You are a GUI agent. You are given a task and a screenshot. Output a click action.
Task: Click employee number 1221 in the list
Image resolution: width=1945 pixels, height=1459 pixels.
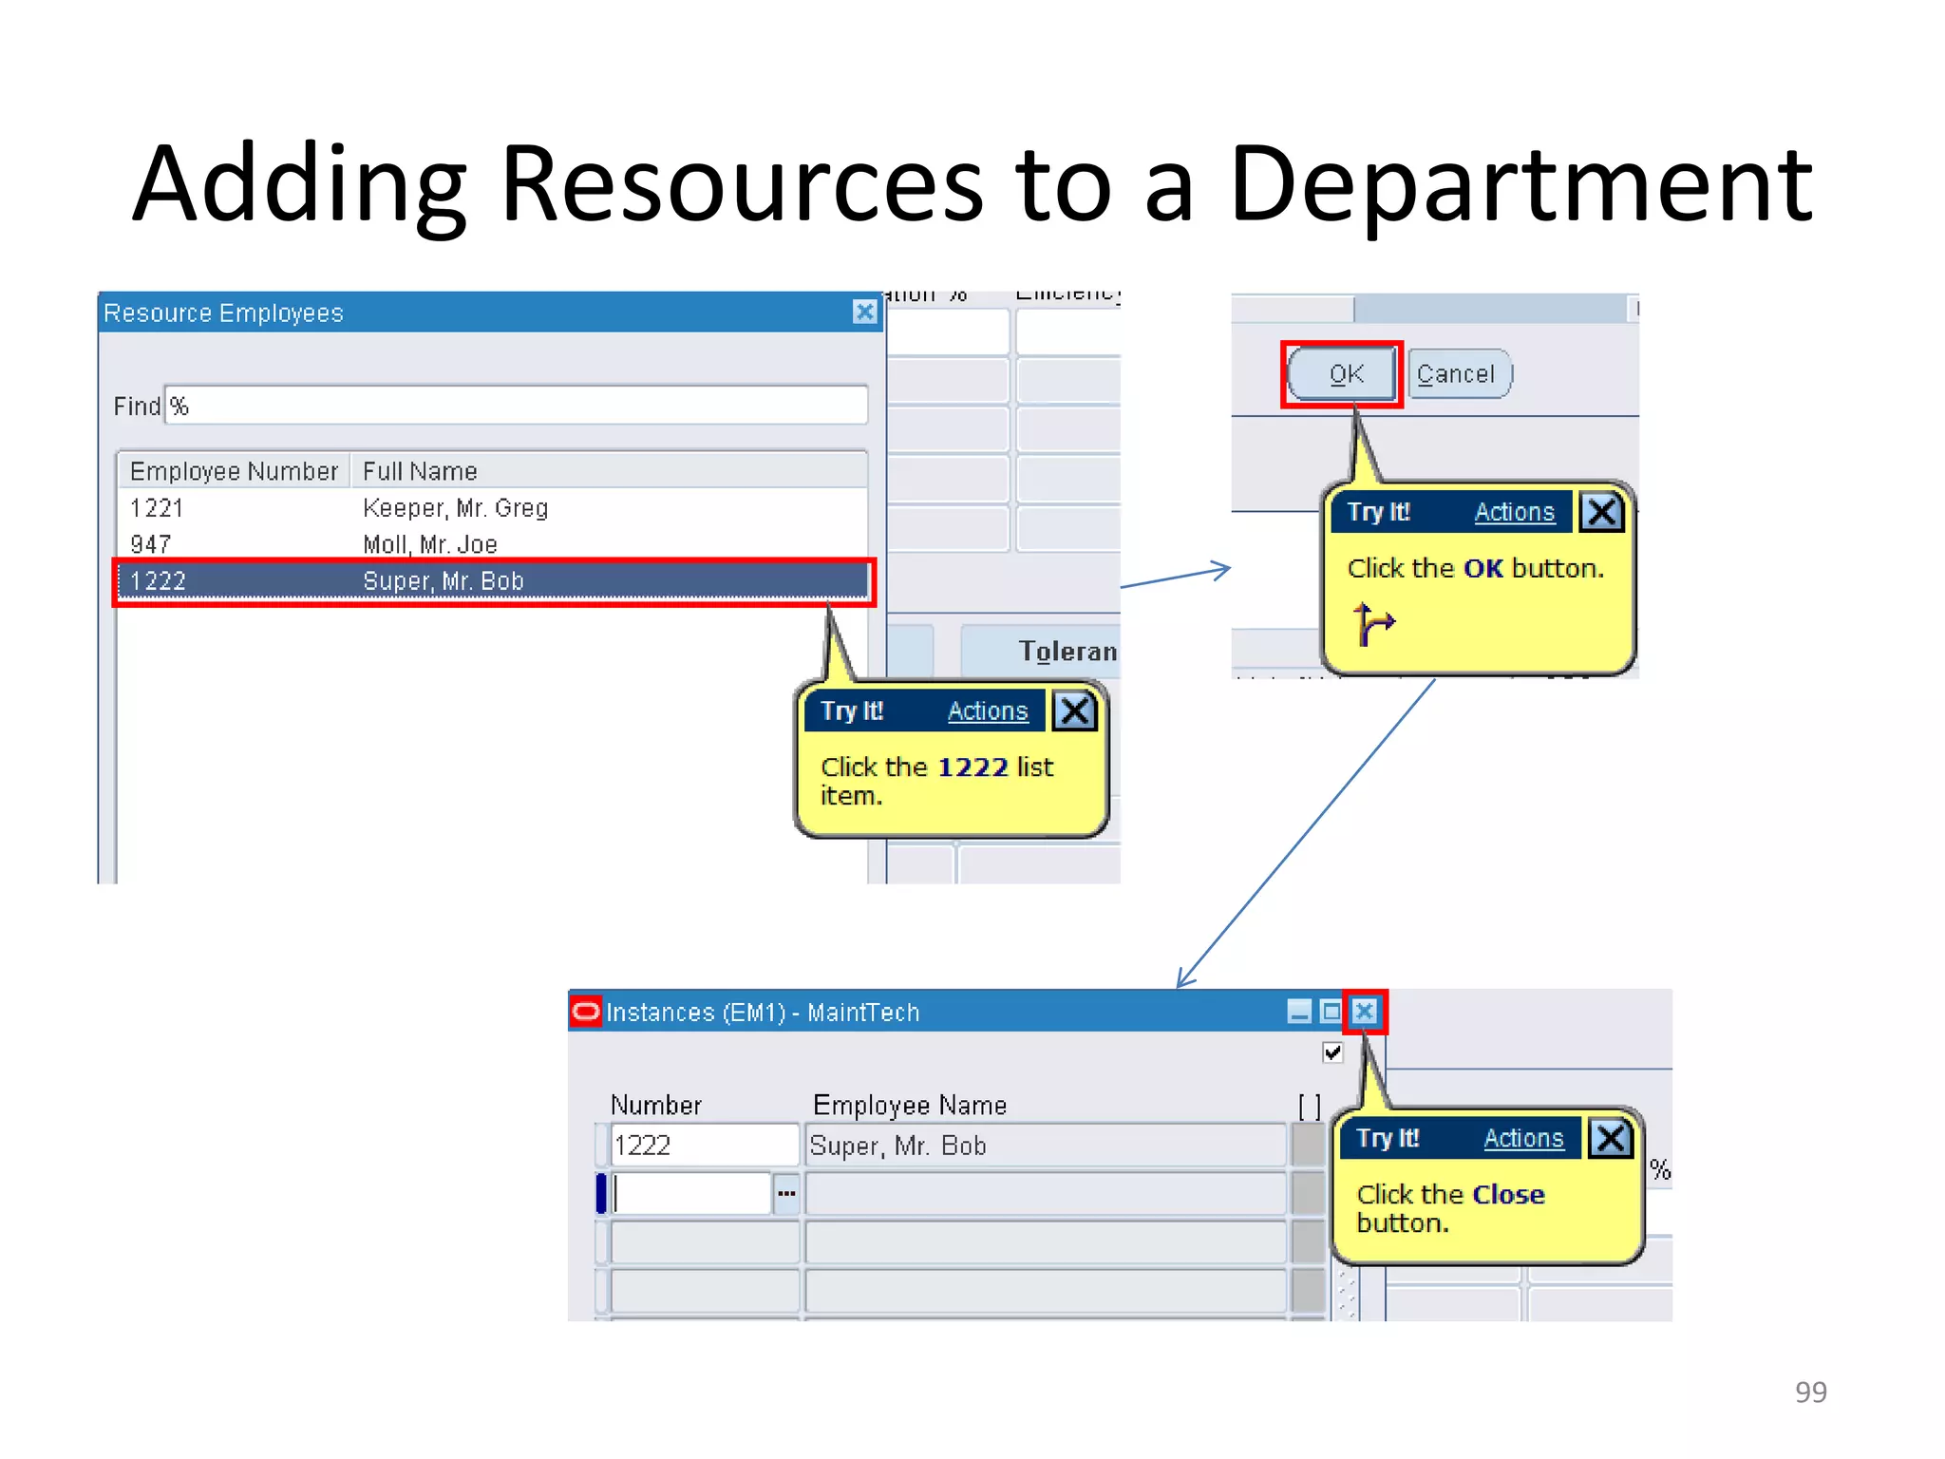[157, 508]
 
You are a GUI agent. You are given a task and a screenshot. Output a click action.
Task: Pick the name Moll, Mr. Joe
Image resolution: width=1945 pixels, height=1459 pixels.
[430, 544]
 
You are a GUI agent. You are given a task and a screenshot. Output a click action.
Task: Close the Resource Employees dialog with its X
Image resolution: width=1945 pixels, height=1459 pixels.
[864, 312]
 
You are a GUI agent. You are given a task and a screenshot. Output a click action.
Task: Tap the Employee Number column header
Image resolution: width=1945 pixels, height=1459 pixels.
[234, 471]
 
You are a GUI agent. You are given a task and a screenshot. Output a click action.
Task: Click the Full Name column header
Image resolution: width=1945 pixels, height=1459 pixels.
[420, 471]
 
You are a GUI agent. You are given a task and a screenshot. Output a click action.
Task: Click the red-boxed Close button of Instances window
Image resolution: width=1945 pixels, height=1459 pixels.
[1365, 1012]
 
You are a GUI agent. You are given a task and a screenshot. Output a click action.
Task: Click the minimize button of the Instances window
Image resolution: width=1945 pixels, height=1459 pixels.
[1299, 1012]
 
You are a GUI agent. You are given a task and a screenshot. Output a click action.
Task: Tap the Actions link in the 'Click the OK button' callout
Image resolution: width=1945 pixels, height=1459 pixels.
[1514, 512]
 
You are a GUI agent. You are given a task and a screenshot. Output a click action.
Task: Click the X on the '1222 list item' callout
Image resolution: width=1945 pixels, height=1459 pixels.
[1075, 711]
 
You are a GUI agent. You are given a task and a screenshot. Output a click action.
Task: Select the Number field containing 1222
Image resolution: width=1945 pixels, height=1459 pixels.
[704, 1146]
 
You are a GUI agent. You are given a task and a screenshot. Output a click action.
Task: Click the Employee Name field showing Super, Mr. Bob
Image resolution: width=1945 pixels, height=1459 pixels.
[1045, 1146]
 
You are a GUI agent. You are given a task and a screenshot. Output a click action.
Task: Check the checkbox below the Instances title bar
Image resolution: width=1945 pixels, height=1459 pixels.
[1332, 1052]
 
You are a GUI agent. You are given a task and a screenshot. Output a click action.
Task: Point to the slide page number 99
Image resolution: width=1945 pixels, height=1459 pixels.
[1810, 1392]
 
